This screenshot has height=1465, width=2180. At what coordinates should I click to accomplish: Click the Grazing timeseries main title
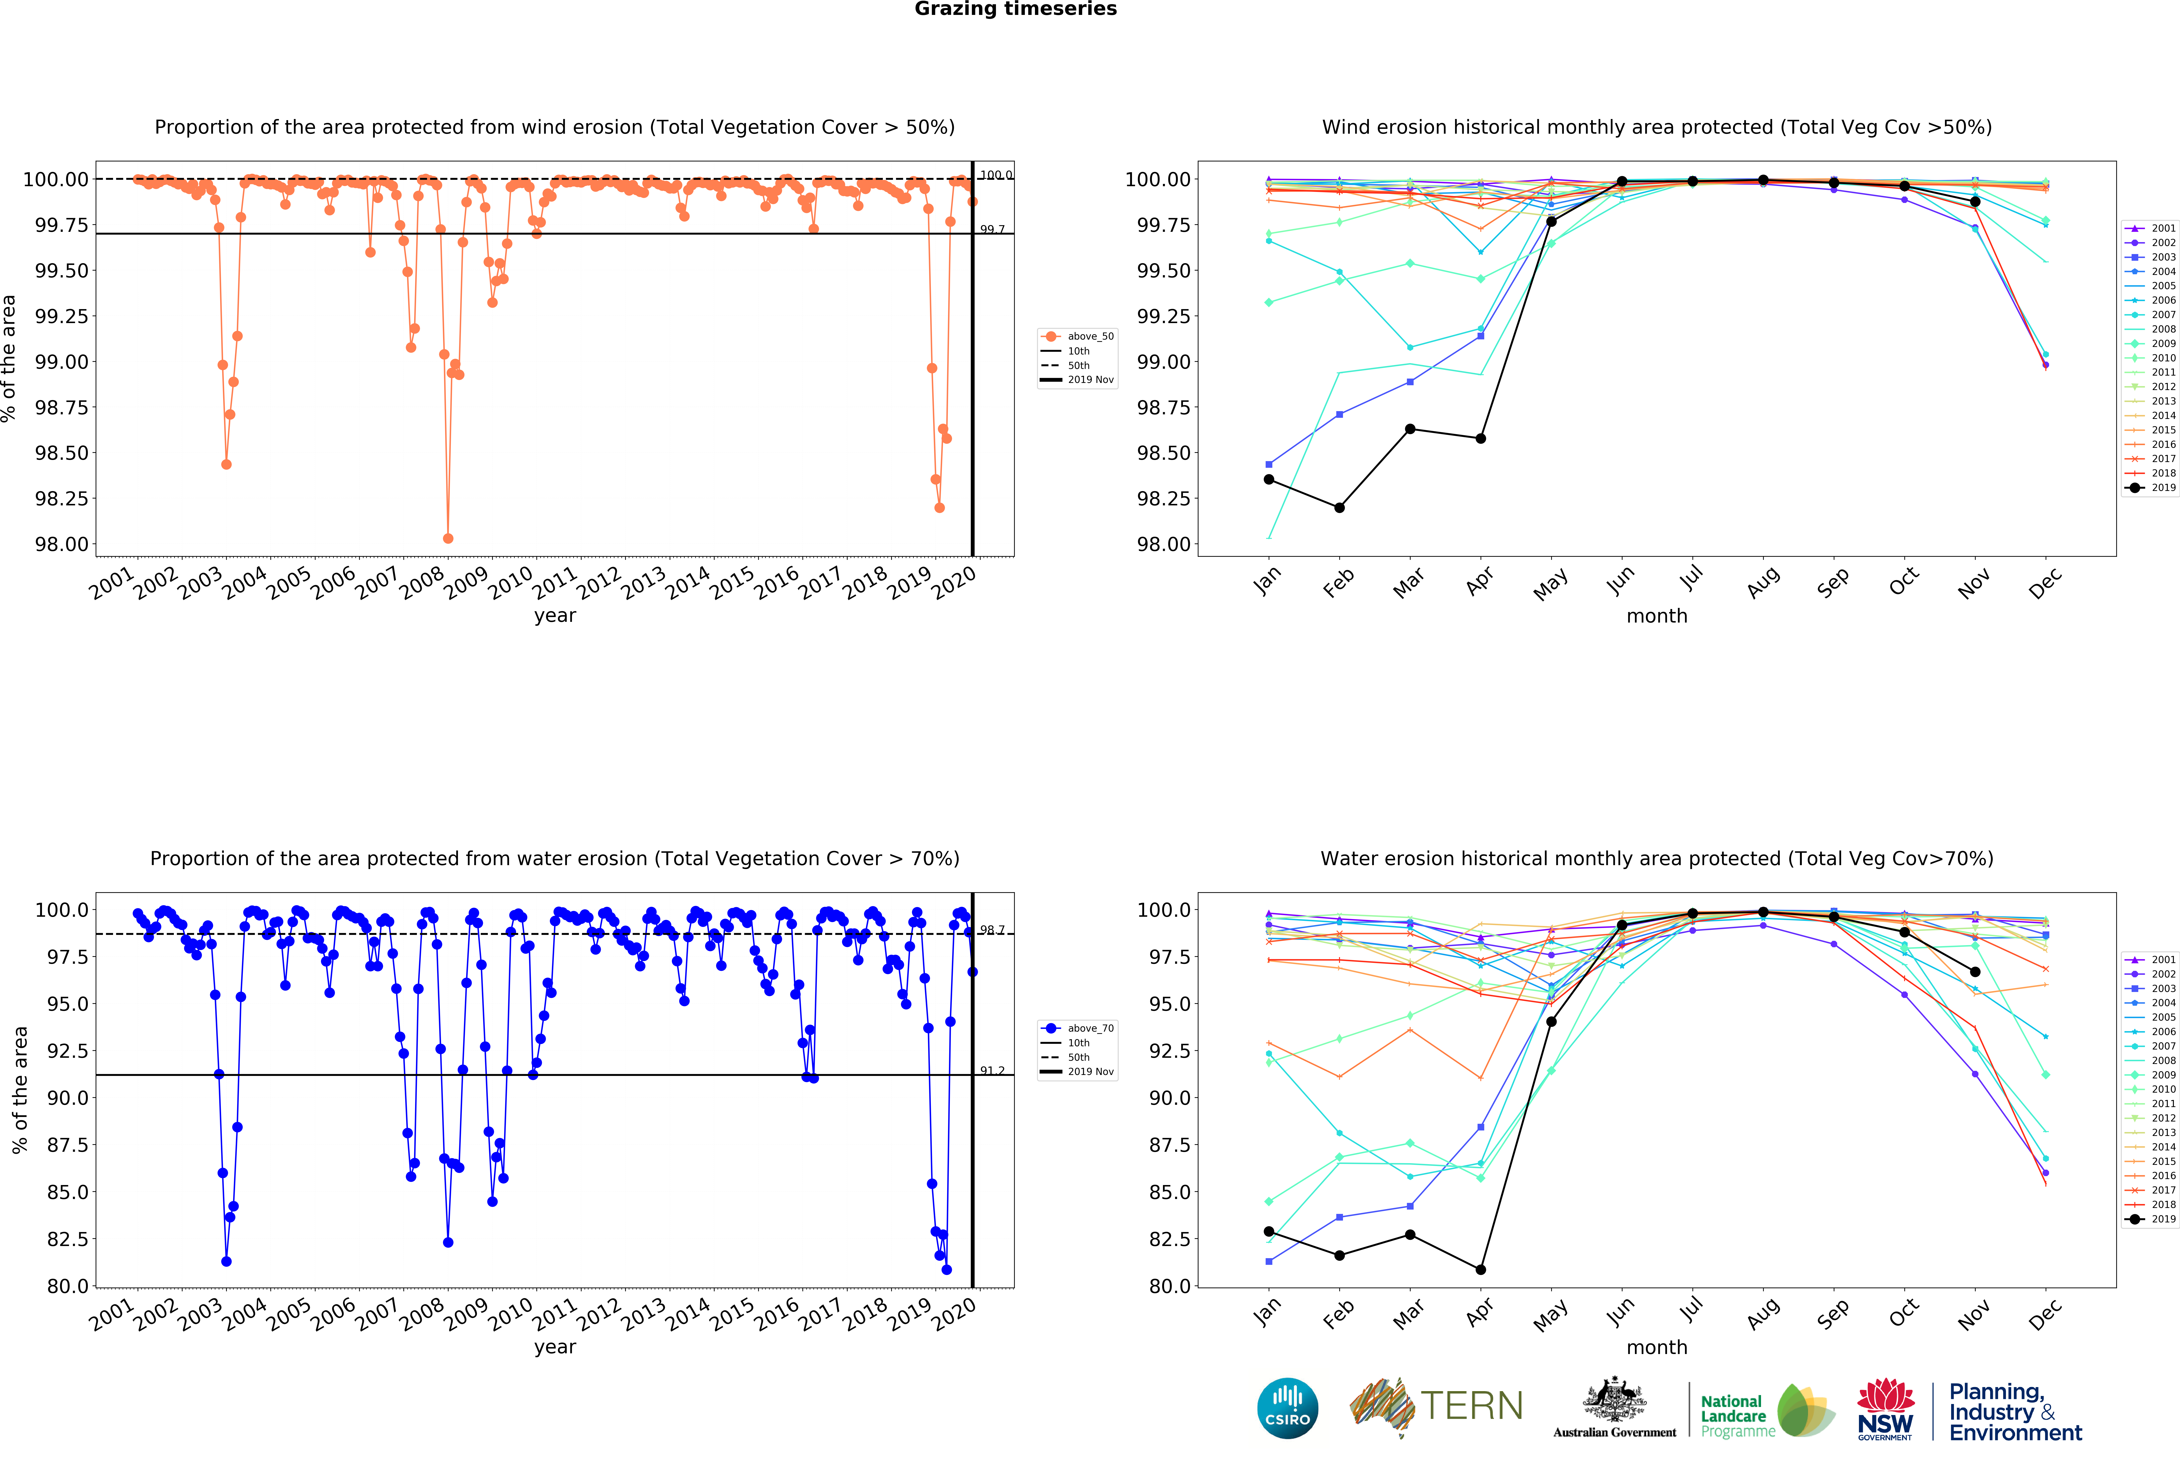point(1016,9)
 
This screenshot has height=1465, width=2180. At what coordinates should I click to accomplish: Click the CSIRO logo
point(1288,1408)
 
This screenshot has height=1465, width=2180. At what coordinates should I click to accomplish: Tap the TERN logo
point(1436,1406)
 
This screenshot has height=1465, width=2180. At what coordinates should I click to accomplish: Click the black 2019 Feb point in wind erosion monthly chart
point(1339,507)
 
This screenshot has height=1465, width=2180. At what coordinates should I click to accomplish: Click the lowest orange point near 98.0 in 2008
point(448,538)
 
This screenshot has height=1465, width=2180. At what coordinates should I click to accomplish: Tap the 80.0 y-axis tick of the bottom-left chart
point(67,1286)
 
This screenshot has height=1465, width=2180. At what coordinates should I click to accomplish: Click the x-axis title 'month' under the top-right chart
point(1657,616)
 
